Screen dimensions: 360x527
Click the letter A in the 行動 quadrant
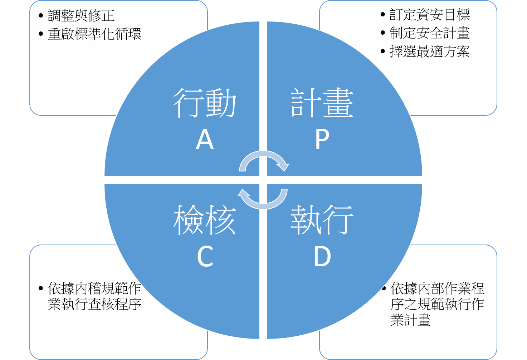[x=205, y=139]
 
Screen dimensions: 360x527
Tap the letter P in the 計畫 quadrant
[x=322, y=139]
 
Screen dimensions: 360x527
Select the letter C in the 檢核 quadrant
[x=205, y=256]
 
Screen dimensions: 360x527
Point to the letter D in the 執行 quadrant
[x=322, y=256]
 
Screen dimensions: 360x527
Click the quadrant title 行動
[x=205, y=103]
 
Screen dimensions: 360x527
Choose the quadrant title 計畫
[x=322, y=103]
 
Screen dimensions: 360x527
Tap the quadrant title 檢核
[x=205, y=220]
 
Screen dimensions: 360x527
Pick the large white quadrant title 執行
[x=322, y=220]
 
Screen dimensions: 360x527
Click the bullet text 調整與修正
[x=81, y=16]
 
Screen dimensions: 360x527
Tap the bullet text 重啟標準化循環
[x=94, y=34]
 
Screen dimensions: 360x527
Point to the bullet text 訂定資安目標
[x=429, y=15]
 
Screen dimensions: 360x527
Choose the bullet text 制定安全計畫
[x=429, y=33]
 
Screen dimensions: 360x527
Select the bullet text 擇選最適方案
[x=429, y=51]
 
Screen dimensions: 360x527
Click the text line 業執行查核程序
[x=94, y=304]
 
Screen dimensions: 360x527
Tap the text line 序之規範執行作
[x=437, y=304]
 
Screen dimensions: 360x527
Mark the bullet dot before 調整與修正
[x=41, y=16]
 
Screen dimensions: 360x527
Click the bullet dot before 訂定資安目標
[x=383, y=15]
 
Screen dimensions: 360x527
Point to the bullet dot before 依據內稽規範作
[x=41, y=288]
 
